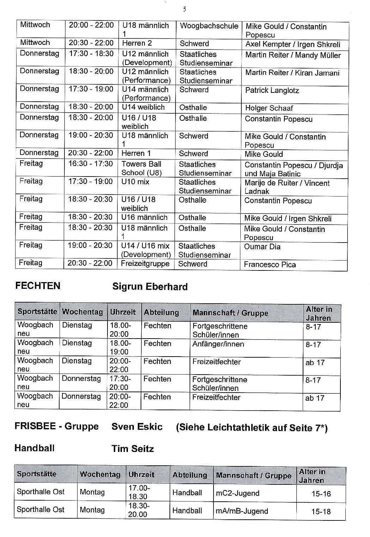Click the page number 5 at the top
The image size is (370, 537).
[185, 10]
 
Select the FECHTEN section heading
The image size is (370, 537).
[38, 286]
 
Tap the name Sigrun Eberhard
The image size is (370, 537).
[150, 287]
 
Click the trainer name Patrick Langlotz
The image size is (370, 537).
[272, 90]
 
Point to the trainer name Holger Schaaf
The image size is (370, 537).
[269, 108]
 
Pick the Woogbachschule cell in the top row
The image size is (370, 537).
[209, 26]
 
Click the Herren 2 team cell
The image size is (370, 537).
[137, 43]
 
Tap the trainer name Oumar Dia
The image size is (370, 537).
[262, 247]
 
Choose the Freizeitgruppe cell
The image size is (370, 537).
[145, 264]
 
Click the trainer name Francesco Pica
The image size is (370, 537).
[270, 264]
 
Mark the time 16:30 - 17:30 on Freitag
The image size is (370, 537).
[90, 164]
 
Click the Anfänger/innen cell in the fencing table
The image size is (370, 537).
[218, 344]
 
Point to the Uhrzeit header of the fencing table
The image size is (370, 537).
[123, 312]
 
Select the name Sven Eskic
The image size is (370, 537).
[137, 426]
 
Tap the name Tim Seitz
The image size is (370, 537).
[132, 449]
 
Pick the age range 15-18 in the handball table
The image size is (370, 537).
[321, 511]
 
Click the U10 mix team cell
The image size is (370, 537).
[135, 182]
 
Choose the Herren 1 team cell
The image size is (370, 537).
[136, 153]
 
